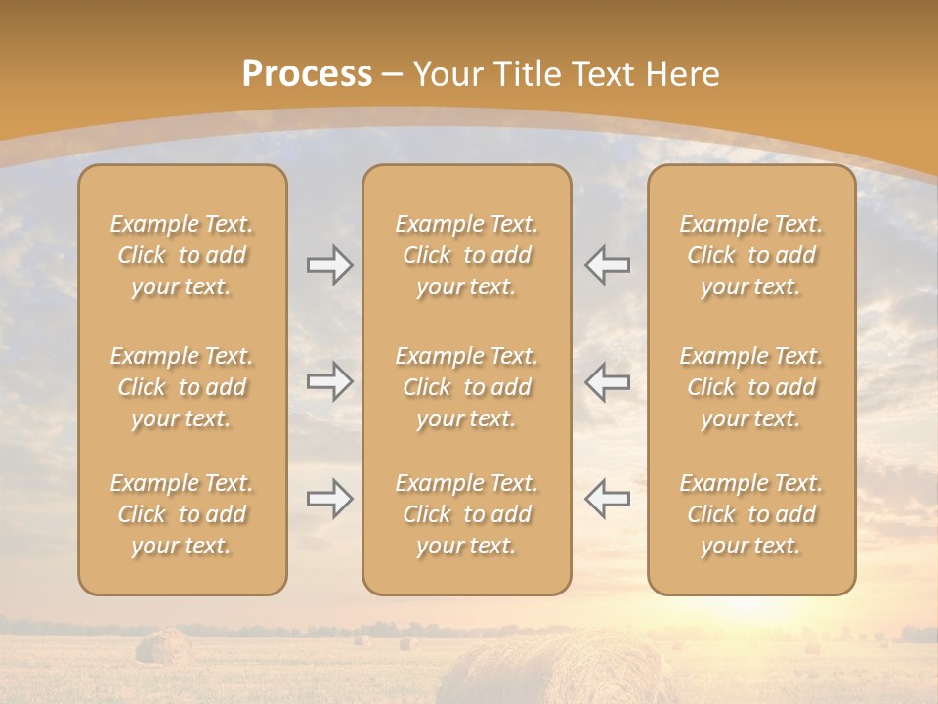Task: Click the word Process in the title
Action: tap(307, 74)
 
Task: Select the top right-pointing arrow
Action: tap(329, 265)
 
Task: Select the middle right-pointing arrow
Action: tap(329, 381)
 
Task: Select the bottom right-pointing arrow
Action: tap(329, 499)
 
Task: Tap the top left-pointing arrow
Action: tap(607, 265)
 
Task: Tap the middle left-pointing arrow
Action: tap(607, 381)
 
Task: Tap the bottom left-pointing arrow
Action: tap(607, 499)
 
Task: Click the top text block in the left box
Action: tap(182, 255)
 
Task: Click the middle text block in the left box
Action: tap(182, 387)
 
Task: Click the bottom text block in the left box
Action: tap(182, 514)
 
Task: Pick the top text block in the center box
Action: tap(466, 255)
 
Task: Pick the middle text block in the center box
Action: tap(466, 387)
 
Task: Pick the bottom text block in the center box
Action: tap(466, 514)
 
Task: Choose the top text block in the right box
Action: tap(751, 255)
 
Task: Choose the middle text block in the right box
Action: tap(751, 387)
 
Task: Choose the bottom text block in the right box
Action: tap(751, 514)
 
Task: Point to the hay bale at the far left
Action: tap(163, 646)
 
